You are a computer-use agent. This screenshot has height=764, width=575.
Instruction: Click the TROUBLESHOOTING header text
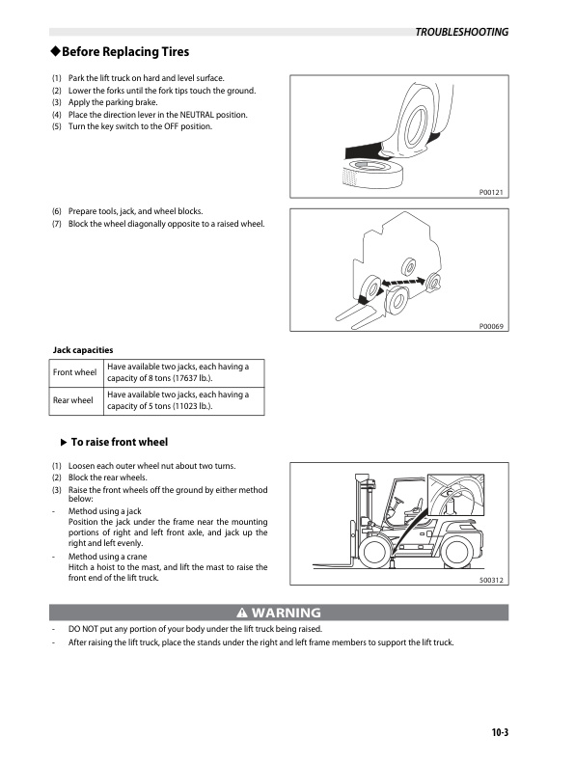point(461,32)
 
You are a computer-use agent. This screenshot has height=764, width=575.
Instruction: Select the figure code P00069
point(491,326)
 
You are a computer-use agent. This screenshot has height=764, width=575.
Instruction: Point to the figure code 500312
point(492,581)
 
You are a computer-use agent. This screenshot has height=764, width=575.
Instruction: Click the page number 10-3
point(498,731)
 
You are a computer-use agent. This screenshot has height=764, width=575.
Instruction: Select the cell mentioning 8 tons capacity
point(182,372)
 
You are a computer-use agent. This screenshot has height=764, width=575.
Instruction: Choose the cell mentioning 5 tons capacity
point(182,400)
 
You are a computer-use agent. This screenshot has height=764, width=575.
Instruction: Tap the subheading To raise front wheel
point(120,442)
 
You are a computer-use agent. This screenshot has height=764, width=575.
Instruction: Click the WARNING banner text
point(287,613)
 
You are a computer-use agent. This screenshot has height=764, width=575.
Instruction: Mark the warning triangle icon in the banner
point(241,613)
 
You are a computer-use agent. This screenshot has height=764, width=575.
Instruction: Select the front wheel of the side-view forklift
point(374,551)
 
